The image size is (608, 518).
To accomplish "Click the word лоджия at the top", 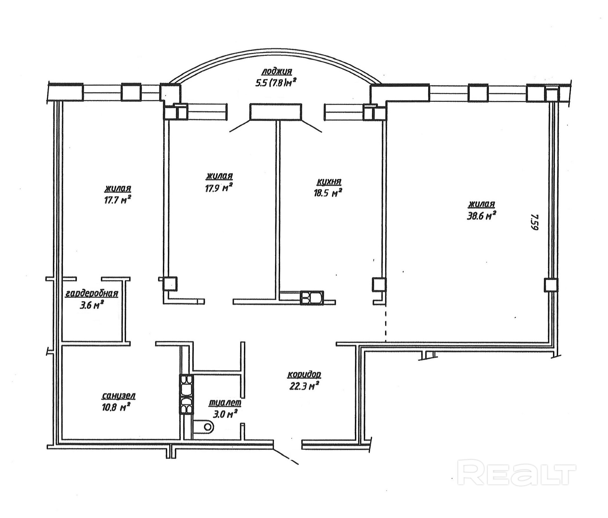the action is tap(277, 72).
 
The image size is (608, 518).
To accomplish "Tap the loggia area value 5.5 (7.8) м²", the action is tap(275, 83).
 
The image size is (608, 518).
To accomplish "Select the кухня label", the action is tap(329, 182).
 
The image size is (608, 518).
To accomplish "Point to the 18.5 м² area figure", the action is tap(327, 193).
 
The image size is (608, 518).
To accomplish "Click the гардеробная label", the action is tap(91, 293).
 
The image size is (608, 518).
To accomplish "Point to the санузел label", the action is tap(119, 396).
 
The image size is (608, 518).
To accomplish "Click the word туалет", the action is tap(225, 403).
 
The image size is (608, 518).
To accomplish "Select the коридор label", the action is tap(304, 375).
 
